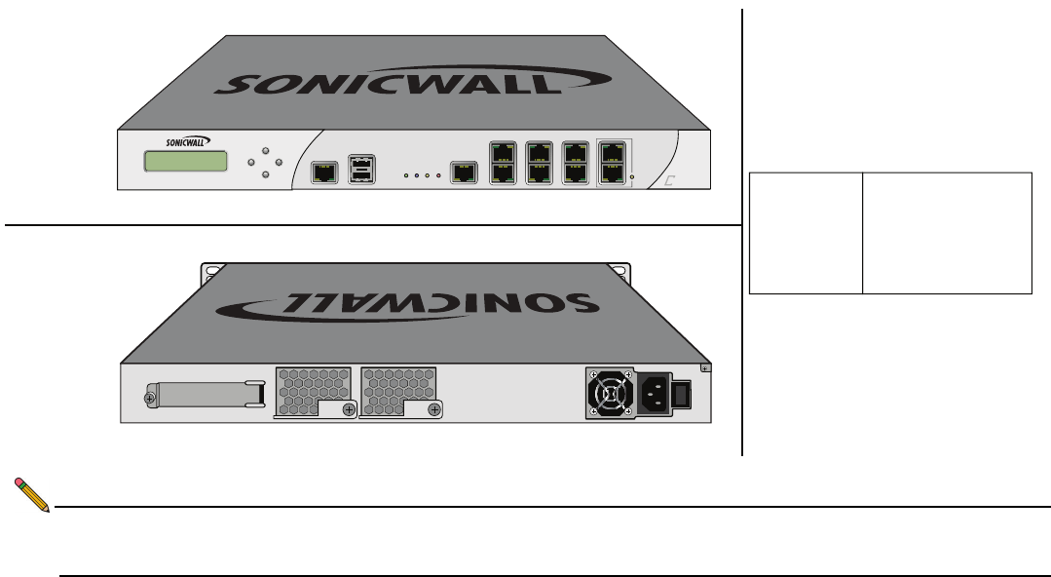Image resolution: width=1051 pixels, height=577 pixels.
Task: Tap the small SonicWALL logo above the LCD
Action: coord(185,141)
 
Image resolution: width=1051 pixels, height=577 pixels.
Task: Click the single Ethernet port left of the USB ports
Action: coord(324,173)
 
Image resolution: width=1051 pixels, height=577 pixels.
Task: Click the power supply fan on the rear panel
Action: coord(610,394)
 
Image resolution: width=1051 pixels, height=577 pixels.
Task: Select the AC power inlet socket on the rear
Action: coord(654,394)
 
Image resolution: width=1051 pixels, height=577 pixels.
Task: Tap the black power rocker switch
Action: coord(682,394)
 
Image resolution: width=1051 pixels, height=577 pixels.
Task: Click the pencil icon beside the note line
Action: coord(32,496)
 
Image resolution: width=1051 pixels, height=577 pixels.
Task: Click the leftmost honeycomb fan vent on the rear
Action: coord(315,391)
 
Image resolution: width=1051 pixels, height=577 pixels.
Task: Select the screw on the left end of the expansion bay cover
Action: coord(149,399)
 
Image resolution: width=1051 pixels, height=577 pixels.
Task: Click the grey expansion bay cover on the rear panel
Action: coord(205,395)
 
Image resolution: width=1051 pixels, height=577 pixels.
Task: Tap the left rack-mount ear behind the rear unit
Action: coord(208,273)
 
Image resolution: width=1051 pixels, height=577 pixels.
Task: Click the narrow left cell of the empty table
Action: coord(806,233)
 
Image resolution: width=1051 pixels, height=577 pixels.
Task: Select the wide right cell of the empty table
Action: coord(947,233)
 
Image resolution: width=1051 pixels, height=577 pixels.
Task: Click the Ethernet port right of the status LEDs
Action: coord(465,173)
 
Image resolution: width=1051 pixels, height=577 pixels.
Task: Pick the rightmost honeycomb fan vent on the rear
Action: coord(398,391)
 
